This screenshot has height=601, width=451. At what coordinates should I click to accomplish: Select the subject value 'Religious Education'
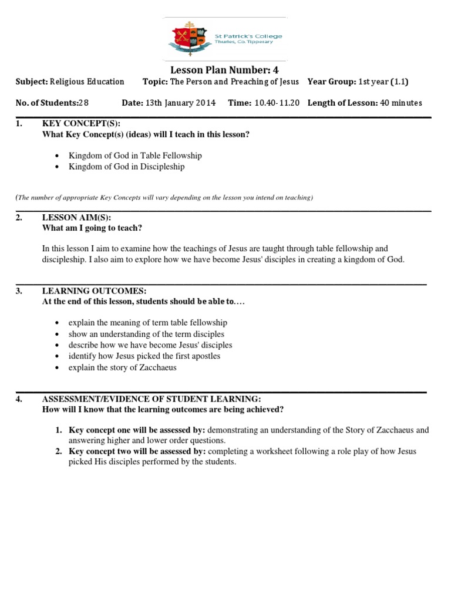pos(87,82)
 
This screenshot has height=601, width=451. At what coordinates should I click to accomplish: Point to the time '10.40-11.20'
pos(277,103)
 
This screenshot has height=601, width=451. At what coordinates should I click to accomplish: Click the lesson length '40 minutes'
pos(401,103)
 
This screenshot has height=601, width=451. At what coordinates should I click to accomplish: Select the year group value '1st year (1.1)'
pos(383,82)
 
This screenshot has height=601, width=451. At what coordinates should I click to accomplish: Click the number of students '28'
pos(83,103)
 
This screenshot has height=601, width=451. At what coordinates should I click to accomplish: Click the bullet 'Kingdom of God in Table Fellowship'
pos(135,156)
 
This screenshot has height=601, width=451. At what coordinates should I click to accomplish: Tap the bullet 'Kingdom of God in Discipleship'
pos(126,166)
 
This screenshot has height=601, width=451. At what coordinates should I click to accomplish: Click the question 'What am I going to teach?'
pos(92,228)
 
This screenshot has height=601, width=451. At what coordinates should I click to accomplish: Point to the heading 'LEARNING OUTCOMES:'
pos(94,291)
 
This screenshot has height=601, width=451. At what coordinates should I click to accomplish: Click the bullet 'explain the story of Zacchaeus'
pos(122,367)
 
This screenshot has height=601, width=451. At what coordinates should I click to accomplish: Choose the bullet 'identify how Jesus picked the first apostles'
pos(144,356)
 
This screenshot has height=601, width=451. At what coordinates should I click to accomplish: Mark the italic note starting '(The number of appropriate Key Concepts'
pos(164,197)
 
